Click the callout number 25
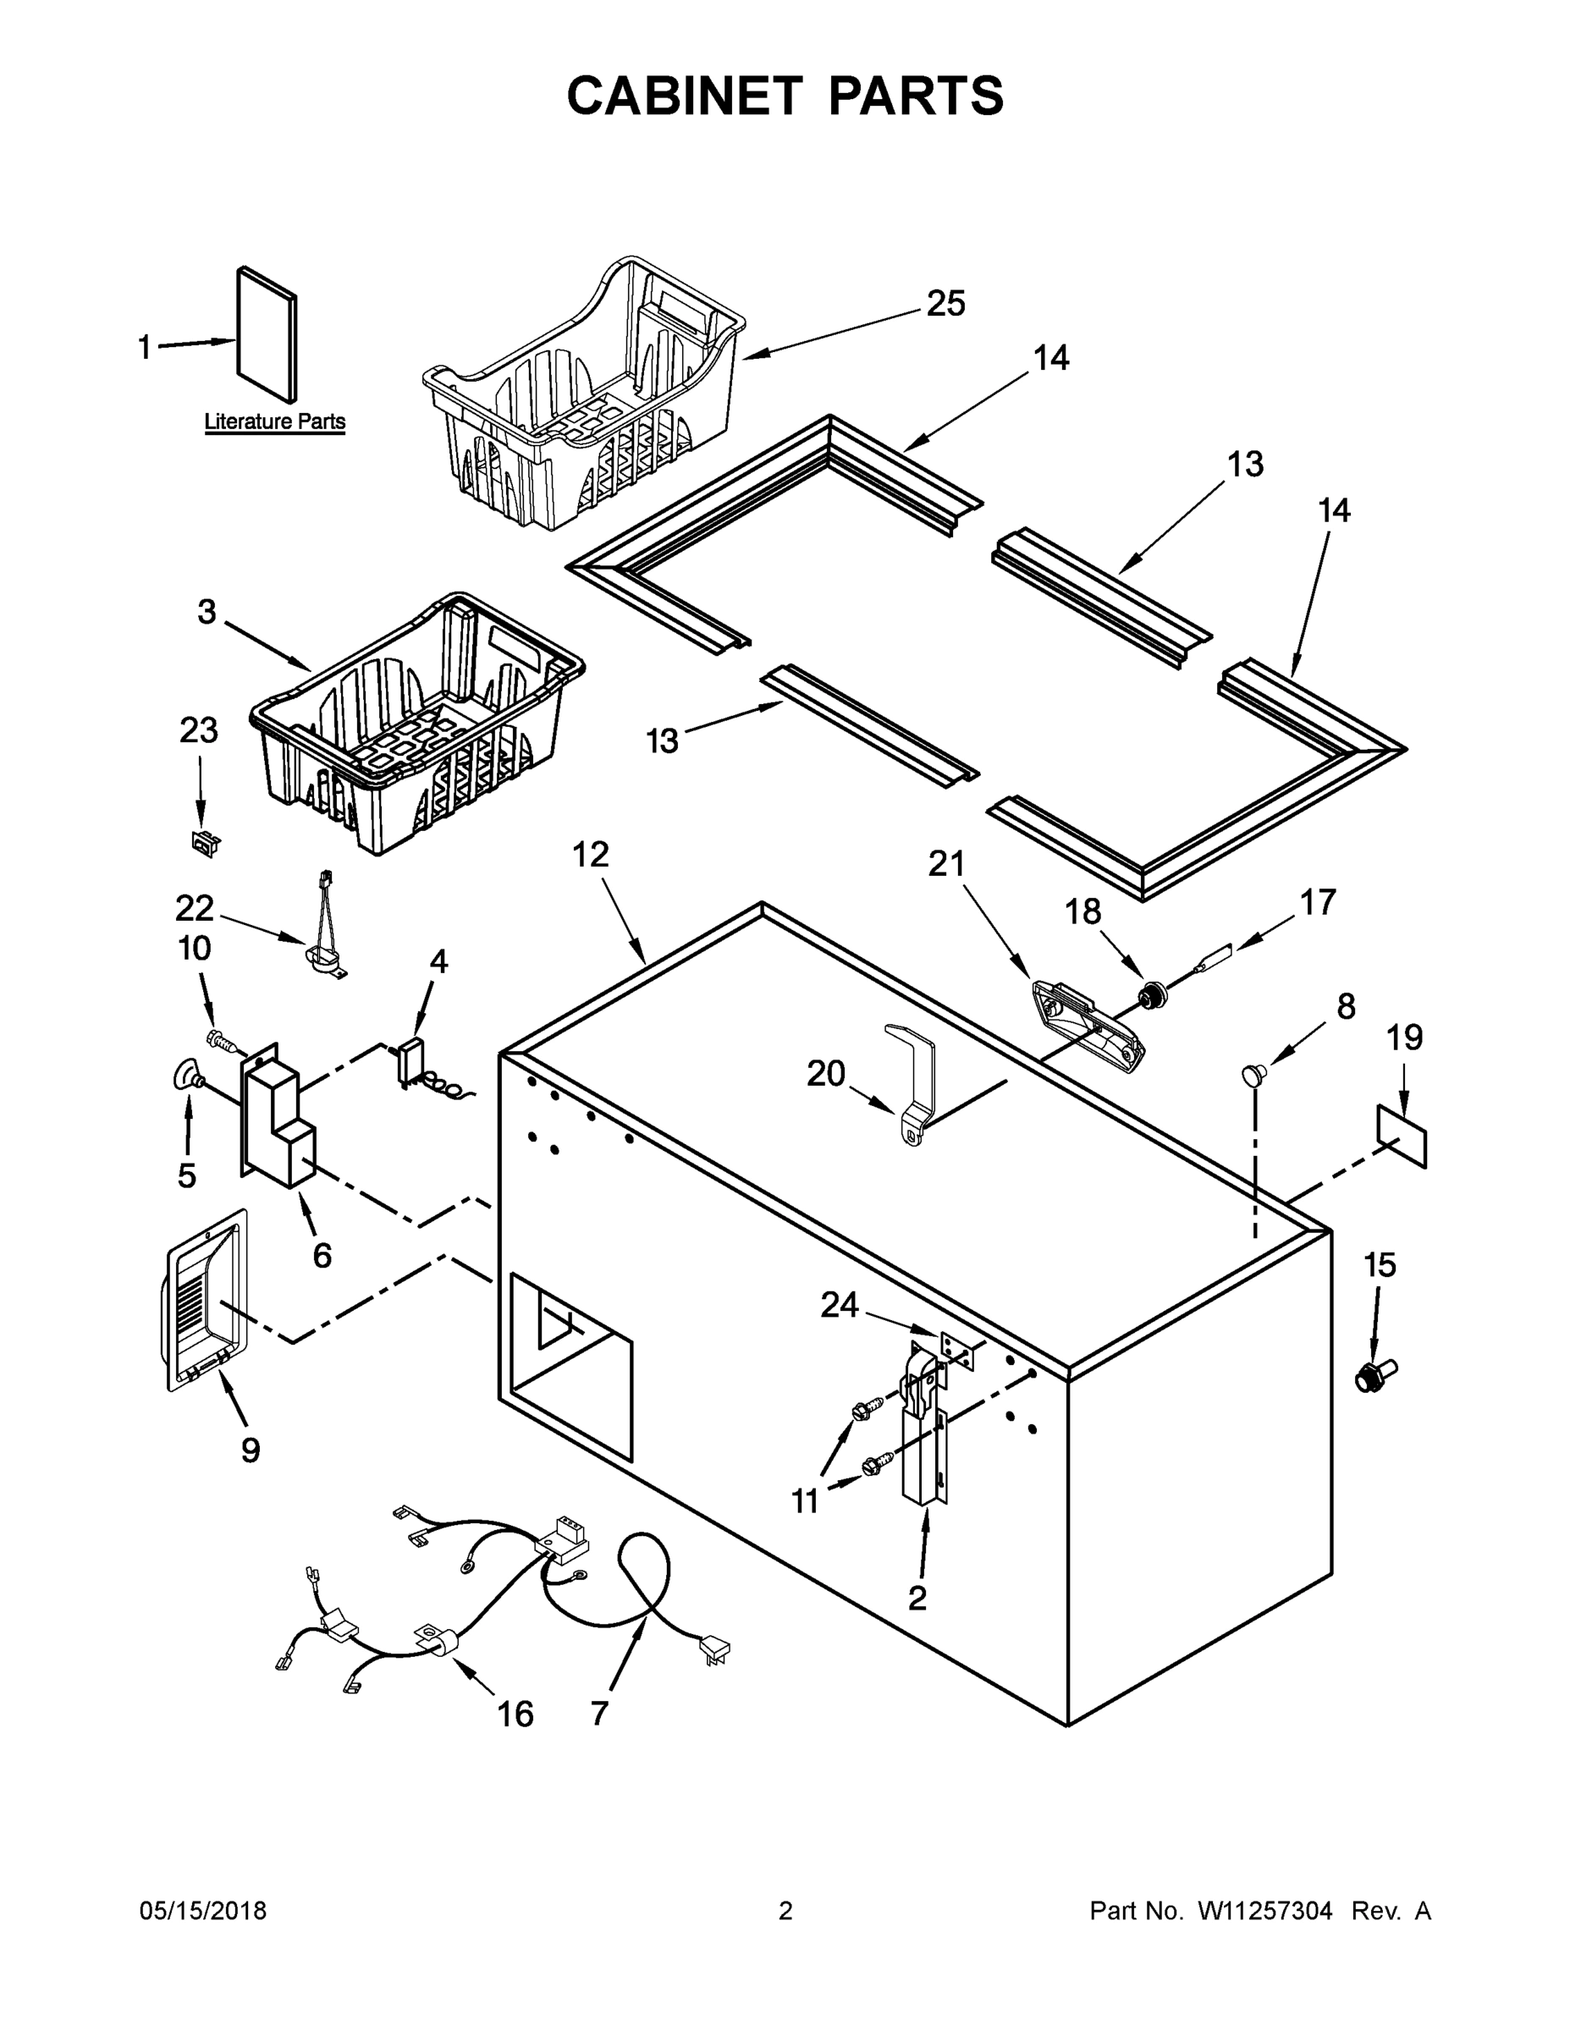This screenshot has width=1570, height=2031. tap(946, 304)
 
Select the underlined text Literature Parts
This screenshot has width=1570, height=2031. tap(274, 421)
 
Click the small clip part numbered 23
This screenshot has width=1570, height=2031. tap(205, 843)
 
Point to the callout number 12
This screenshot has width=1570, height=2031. tap(590, 854)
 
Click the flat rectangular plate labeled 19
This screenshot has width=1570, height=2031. tap(1402, 1136)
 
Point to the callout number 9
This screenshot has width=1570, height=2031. tap(251, 1449)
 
